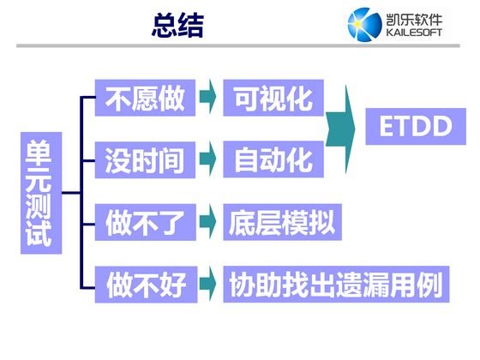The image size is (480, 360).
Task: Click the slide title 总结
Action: click(x=178, y=25)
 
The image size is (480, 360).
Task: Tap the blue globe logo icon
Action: click(x=364, y=25)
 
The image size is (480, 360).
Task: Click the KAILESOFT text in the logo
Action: click(x=414, y=33)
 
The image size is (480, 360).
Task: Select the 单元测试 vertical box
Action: click(x=41, y=193)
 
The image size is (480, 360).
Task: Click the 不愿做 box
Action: click(x=145, y=98)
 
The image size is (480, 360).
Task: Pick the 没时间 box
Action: click(x=145, y=159)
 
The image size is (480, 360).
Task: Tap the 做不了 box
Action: click(x=146, y=222)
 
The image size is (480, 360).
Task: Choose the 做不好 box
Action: click(x=146, y=285)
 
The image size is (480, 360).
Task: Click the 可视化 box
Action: click(x=273, y=98)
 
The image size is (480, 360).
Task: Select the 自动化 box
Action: click(x=273, y=159)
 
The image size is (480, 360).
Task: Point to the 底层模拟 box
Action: click(x=282, y=222)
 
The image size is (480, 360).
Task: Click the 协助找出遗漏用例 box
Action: click(x=336, y=285)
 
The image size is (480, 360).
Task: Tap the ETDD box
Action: click(x=416, y=127)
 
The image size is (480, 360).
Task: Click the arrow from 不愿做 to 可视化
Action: click(x=207, y=97)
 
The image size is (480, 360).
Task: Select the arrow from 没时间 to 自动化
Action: click(x=207, y=159)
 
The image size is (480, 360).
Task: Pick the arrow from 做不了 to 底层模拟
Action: click(x=207, y=221)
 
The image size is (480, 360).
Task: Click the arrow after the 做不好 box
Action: click(x=207, y=284)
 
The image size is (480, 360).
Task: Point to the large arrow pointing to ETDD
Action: click(x=340, y=129)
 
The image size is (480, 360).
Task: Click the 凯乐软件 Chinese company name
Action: click(x=414, y=20)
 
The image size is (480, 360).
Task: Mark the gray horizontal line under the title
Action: click(x=238, y=46)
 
